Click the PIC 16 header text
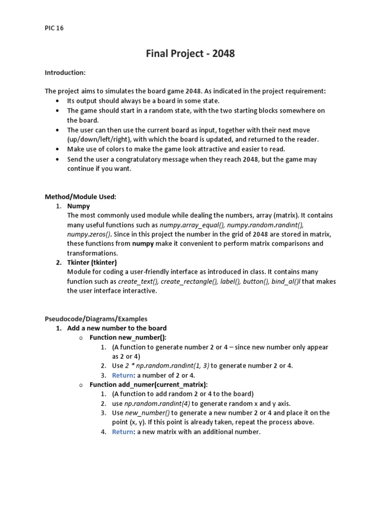click(54, 28)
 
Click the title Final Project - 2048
click(190, 54)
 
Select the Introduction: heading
click(65, 73)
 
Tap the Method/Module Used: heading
click(80, 197)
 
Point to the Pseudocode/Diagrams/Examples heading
click(96, 319)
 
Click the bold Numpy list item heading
click(78, 206)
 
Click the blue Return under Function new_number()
click(123, 375)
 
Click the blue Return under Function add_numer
click(123, 432)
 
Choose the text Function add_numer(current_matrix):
click(148, 384)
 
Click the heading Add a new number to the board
click(117, 328)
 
